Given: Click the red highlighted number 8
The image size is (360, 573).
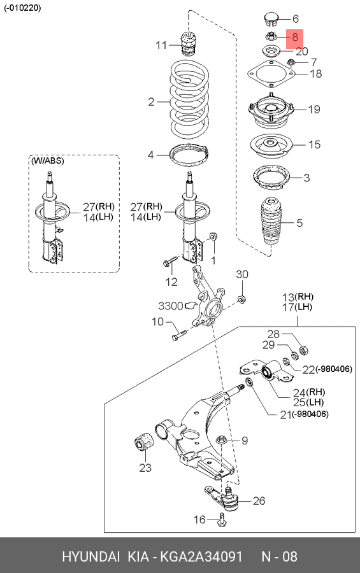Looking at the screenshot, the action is pos(295,37).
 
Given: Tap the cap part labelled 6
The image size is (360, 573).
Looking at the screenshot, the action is pos(271,19).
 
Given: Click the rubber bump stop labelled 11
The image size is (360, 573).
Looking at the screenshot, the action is pos(188,43).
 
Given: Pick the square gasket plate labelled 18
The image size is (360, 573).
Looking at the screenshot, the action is pos(271,74).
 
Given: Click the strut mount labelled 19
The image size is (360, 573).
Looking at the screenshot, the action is pos(271,111).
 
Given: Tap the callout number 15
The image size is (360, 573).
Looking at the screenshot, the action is pos(314,145).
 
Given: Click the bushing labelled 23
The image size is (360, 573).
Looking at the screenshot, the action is pos(145,441).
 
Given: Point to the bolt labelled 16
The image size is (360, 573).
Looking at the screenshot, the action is pos(222,520).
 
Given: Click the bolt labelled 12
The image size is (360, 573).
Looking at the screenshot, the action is pos(169,261).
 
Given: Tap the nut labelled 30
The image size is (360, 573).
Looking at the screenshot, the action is pos(241,299).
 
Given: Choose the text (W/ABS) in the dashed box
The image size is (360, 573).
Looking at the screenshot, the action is pos(48,161).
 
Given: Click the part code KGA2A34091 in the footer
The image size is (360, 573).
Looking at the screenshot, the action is pos(201,556).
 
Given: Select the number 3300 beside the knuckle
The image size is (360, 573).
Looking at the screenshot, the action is pos(170,306).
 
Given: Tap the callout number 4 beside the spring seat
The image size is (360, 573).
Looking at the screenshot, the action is pos(150,155).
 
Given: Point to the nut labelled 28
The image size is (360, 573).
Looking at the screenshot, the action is pos(303,350).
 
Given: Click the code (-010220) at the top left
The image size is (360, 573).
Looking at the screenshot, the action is pos(23,8).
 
